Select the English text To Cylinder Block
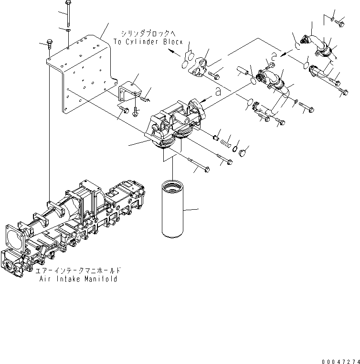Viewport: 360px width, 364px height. coord(148,42)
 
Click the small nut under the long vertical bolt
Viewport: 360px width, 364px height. coord(68,30)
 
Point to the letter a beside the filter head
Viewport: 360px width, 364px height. coord(218,93)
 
